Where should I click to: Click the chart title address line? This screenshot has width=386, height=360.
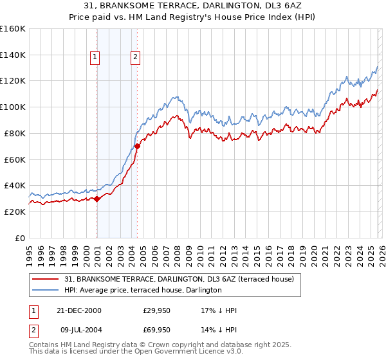click(x=193, y=6)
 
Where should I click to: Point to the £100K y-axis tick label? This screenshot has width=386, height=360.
click(x=13, y=107)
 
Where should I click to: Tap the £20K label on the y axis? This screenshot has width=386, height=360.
click(x=15, y=212)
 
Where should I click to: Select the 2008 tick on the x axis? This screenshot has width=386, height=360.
click(x=177, y=251)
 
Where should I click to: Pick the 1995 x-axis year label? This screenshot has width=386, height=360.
click(x=30, y=251)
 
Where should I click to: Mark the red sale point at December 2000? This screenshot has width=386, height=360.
click(x=96, y=199)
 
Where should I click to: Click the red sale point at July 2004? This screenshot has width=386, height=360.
click(x=137, y=146)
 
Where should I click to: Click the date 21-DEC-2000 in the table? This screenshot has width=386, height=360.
click(x=78, y=310)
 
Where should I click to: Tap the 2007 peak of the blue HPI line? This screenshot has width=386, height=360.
click(x=173, y=97)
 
